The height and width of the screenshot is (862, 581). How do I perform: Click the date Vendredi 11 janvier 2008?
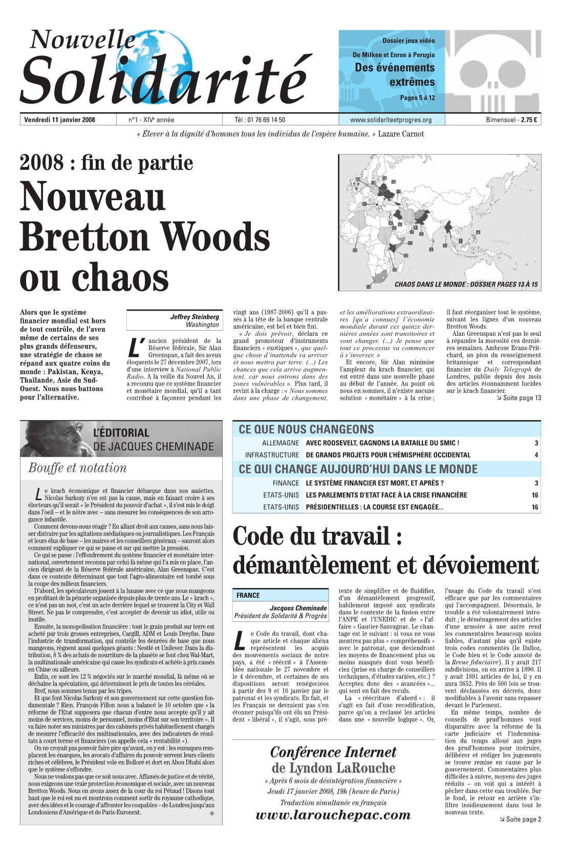(59, 120)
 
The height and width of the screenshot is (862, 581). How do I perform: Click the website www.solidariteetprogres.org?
(391, 120)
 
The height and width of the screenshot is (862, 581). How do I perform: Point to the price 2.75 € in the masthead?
(529, 120)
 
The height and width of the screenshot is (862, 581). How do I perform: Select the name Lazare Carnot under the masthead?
(401, 134)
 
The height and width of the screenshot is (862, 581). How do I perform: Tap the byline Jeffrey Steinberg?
(195, 317)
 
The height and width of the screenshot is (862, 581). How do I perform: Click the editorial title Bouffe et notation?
(77, 468)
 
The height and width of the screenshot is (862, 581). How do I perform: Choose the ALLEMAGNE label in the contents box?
(280, 443)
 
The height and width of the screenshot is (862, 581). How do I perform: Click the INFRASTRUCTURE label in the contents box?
(272, 455)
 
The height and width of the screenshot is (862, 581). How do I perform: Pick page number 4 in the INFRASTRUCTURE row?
(536, 455)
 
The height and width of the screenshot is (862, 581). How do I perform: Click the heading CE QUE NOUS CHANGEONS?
(306, 429)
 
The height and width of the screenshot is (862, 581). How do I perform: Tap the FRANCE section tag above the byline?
(248, 595)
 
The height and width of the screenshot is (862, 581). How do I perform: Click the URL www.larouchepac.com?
(333, 815)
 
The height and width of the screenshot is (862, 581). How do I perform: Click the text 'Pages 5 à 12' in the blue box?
(417, 98)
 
